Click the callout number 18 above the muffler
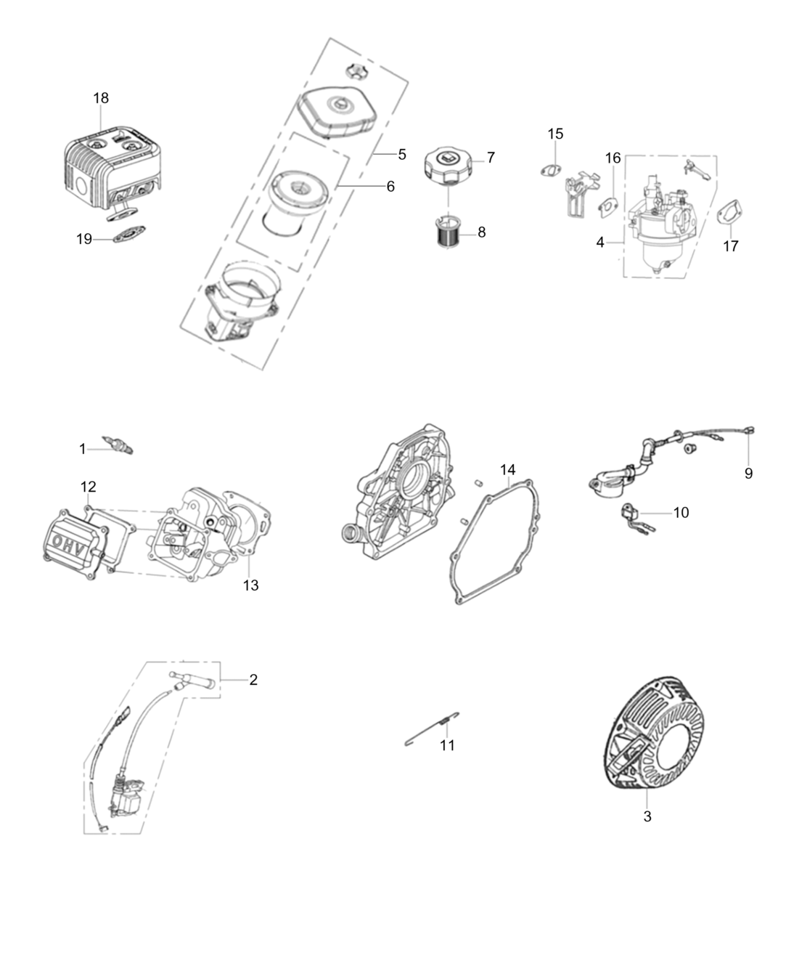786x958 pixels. click(101, 97)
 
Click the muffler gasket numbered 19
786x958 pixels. click(130, 234)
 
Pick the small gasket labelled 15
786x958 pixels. click(550, 170)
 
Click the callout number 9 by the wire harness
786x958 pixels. click(748, 474)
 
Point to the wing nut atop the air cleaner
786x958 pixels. click(356, 71)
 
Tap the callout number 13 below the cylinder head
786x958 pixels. click(250, 585)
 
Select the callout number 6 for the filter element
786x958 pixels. click(390, 186)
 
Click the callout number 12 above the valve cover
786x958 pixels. click(88, 487)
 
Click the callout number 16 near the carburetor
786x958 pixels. click(613, 158)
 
